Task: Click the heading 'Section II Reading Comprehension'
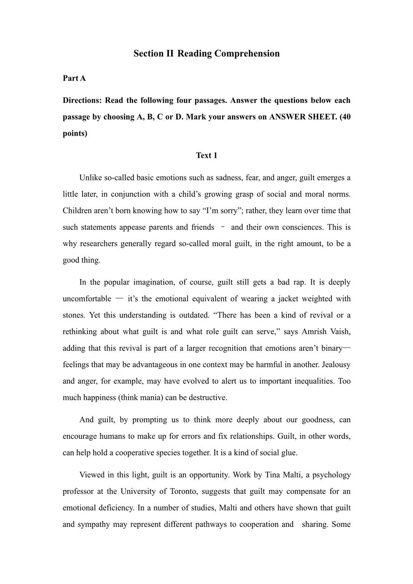[x=206, y=54]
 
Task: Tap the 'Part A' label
[x=74, y=78]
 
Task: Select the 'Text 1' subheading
[x=206, y=155]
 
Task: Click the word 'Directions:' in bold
[x=83, y=100]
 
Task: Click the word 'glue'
[x=288, y=452]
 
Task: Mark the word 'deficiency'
[x=113, y=508]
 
